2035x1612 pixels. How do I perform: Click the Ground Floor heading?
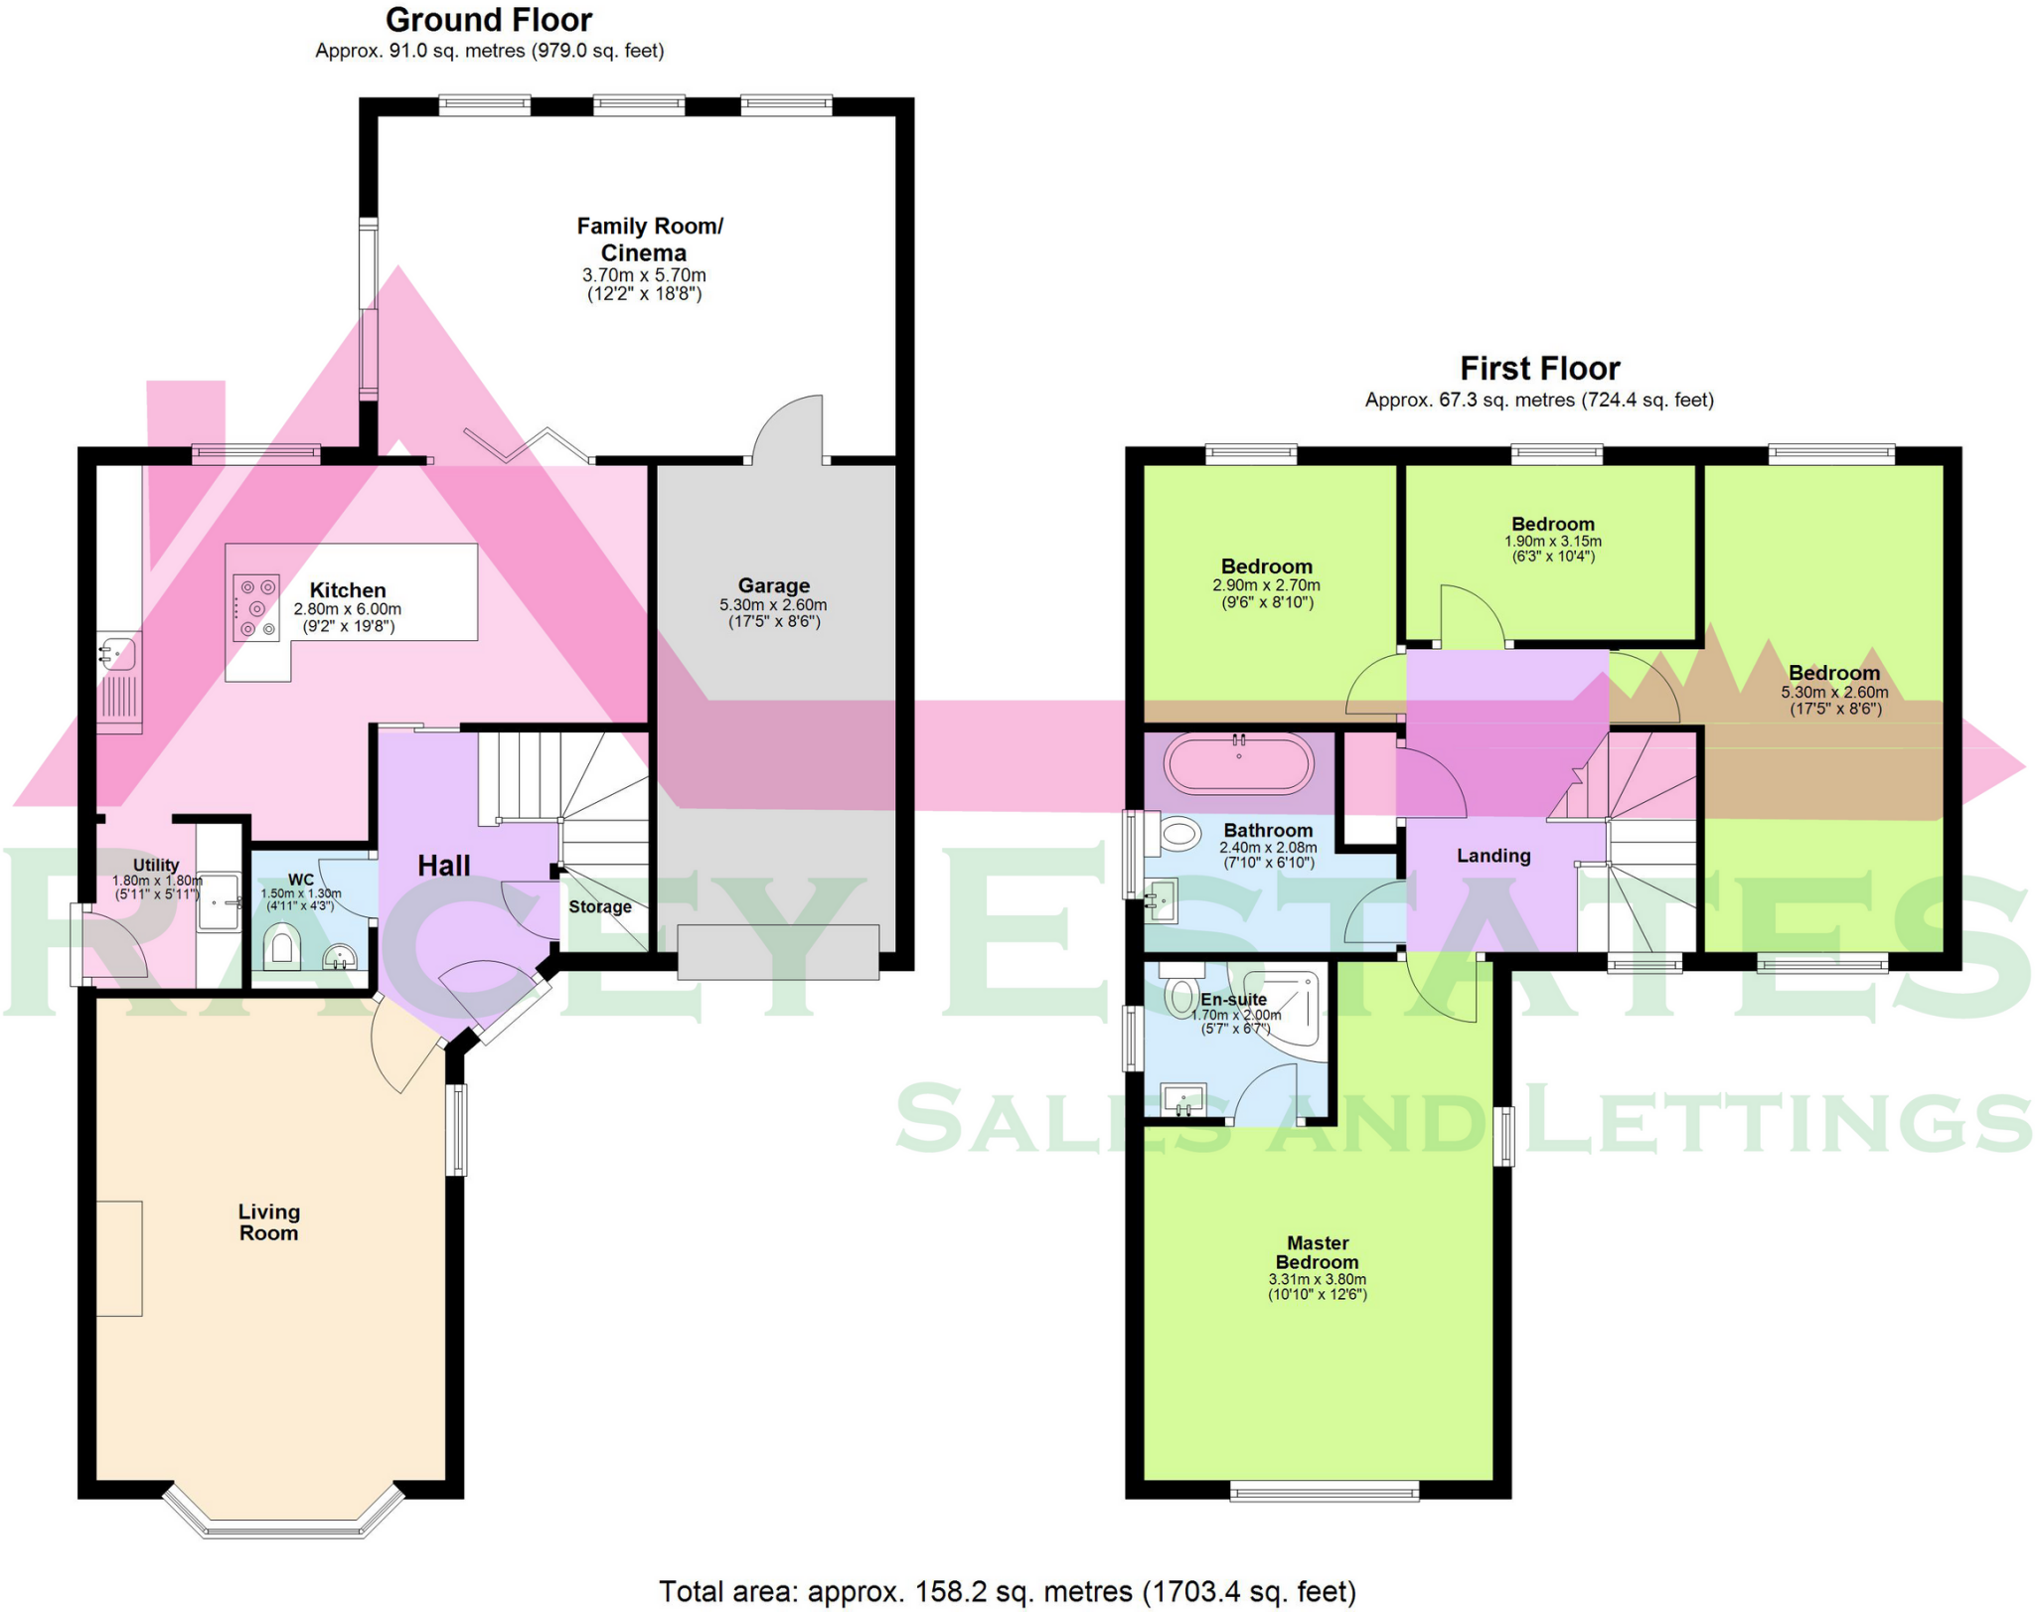click(488, 20)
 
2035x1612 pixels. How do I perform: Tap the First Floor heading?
click(1539, 369)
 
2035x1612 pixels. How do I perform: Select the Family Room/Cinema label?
click(649, 240)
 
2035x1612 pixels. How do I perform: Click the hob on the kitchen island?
click(255, 607)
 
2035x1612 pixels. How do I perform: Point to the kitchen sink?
click(119, 654)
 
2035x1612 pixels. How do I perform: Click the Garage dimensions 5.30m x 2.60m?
click(773, 604)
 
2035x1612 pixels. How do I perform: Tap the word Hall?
click(443, 866)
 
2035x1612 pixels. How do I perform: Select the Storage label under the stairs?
click(599, 906)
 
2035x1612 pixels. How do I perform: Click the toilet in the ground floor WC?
click(281, 948)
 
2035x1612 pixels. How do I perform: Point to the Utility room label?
click(156, 865)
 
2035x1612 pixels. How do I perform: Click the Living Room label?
click(268, 1222)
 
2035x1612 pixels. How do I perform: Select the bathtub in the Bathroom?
click(1239, 764)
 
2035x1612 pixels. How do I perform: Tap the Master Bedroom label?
click(1317, 1252)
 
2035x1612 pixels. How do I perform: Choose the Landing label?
click(1492, 856)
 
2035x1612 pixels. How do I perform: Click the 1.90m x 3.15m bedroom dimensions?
click(1552, 542)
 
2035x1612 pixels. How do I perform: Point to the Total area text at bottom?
click(1007, 1591)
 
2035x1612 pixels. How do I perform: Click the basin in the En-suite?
click(1183, 1100)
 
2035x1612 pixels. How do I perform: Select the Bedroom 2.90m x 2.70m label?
click(1266, 566)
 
